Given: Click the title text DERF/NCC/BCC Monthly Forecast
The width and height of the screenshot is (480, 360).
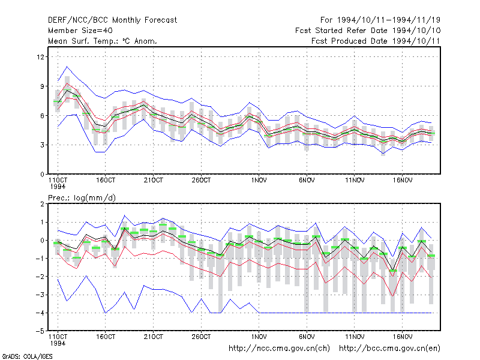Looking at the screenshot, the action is click(x=112, y=20).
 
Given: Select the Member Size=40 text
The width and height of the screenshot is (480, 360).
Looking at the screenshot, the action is click(x=80, y=31).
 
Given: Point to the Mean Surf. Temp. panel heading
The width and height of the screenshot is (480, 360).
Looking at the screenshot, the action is click(x=103, y=41).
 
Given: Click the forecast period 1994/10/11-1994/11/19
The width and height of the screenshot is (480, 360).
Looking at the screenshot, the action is click(x=380, y=20).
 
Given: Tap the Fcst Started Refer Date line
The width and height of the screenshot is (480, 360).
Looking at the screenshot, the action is click(x=368, y=31).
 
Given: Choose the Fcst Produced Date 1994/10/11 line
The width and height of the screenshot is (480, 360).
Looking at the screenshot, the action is click(x=376, y=41).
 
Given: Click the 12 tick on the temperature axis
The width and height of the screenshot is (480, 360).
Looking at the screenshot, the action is click(x=40, y=57).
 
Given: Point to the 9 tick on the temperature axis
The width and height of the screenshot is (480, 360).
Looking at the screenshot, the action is click(x=42, y=86).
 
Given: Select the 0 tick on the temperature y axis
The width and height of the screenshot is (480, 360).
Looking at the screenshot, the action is click(x=42, y=175).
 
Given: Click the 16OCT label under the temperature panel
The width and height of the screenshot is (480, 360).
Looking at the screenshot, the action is click(x=106, y=181).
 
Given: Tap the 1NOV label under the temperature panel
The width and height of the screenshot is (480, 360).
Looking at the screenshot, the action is click(x=259, y=181).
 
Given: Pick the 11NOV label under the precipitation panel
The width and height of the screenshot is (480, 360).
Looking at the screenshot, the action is click(x=355, y=337).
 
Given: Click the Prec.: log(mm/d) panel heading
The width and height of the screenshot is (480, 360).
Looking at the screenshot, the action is click(x=82, y=198).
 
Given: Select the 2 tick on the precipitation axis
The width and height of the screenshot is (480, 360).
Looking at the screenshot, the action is click(x=42, y=204).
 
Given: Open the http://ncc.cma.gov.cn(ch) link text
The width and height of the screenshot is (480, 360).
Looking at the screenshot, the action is click(x=279, y=349).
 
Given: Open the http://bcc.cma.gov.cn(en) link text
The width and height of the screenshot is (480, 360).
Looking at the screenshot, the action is click(x=389, y=349).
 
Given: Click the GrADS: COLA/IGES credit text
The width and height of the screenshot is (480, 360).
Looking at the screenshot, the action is click(x=27, y=356).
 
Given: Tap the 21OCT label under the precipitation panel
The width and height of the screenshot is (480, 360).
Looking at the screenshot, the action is click(x=154, y=337).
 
